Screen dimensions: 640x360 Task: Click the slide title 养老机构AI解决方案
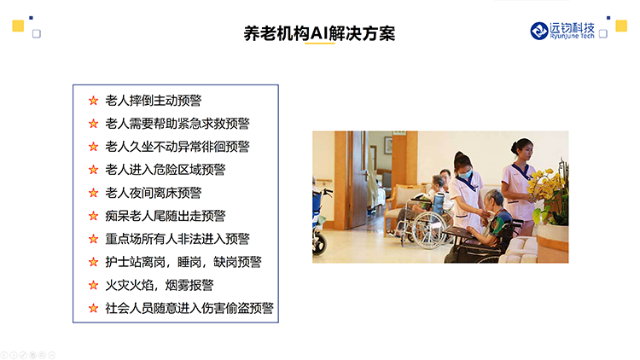pos(319,33)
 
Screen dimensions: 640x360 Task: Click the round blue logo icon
pos(538,31)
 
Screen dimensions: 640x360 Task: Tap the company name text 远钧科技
pos(572,28)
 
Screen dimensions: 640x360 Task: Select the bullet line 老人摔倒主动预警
pos(153,101)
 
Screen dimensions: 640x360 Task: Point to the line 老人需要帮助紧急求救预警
pos(177,123)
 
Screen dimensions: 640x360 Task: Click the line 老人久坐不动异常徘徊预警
pos(177,147)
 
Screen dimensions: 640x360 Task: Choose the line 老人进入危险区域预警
pos(166,170)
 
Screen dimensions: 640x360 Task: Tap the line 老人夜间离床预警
pos(153,193)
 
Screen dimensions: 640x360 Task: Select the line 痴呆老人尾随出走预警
pos(166,216)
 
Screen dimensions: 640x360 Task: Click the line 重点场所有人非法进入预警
pos(177,239)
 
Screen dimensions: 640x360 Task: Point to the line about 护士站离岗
pos(183,262)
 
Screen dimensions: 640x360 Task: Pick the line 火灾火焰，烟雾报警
pos(160,285)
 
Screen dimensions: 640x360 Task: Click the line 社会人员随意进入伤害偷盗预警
pos(189,308)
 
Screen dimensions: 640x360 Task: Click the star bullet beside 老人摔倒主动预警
pos(94,101)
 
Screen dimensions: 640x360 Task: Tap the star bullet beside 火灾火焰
pos(94,285)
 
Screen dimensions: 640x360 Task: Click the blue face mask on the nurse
pos(465,174)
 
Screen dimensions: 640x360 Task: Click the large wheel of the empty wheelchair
pos(429,229)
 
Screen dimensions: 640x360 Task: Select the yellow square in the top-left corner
pos(18,26)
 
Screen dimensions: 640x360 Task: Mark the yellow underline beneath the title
pos(320,43)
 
